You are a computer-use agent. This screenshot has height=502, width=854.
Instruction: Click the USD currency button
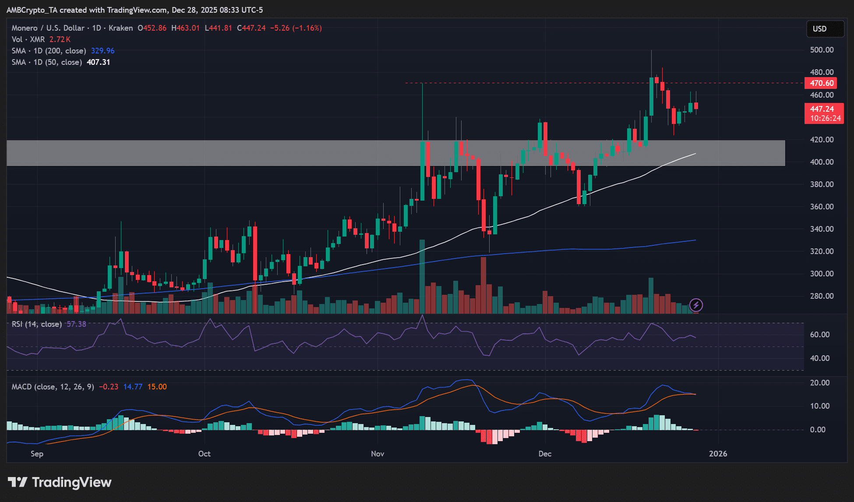tap(825, 29)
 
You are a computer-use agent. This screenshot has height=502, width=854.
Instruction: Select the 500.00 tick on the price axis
tap(822, 50)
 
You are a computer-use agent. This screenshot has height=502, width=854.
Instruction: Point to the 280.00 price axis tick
tap(822, 296)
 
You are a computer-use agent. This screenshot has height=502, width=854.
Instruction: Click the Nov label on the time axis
tap(378, 454)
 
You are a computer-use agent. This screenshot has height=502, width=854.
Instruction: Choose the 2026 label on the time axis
tap(718, 454)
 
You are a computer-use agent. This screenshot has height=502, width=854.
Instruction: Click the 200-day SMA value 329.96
tap(102, 51)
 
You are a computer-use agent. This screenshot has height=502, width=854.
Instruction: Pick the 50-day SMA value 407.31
tap(98, 62)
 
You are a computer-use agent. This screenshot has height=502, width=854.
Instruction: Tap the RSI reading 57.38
tap(76, 324)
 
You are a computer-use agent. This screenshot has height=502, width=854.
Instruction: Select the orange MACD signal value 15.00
tap(157, 387)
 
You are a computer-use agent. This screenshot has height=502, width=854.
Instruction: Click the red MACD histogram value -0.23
tap(109, 387)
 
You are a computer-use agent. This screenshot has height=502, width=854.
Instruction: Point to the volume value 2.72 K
tap(60, 39)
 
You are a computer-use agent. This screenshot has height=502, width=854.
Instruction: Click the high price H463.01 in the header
tap(186, 28)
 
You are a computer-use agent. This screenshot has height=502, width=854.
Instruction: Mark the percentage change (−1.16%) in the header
tap(307, 28)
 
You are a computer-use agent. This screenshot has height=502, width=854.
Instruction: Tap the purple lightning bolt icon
tap(696, 305)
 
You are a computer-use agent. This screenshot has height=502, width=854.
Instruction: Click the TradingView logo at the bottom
tap(60, 482)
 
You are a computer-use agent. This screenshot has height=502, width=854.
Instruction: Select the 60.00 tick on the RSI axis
tap(819, 335)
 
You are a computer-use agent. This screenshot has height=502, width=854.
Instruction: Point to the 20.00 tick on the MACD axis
tap(819, 383)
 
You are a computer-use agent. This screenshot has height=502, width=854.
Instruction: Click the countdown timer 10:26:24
tap(825, 118)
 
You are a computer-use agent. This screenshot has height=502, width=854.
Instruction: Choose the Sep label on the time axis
tap(37, 454)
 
